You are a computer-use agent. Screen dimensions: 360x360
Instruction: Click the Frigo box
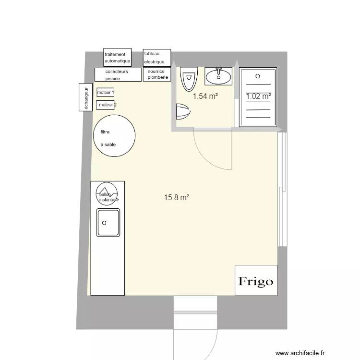coord(256,280)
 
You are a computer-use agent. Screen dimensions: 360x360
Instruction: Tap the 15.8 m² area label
coord(177,197)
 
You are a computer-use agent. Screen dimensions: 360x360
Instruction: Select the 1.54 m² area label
coord(205,96)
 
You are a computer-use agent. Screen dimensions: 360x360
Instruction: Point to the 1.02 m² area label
coord(258,96)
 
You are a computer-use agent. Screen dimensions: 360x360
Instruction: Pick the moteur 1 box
coord(106,92)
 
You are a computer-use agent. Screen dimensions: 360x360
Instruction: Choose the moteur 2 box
coord(106,105)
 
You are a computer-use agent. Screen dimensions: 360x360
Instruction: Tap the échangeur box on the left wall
coord(85,97)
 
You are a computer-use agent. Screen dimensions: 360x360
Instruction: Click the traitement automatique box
coord(117,58)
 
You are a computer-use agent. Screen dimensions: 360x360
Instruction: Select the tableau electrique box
coord(157,58)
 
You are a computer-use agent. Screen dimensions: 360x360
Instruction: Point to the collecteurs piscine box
coord(118,74)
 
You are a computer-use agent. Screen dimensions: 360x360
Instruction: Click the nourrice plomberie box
coord(157,74)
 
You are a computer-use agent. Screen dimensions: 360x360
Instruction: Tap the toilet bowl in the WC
coord(189,79)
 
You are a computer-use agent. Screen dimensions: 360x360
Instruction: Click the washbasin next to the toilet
coord(218,76)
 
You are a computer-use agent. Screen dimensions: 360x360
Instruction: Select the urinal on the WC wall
coord(183,111)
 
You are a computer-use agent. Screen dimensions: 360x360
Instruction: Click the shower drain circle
coord(258,76)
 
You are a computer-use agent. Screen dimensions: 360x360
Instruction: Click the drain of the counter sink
coord(104,223)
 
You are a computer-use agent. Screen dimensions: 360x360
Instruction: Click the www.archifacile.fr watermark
coord(300,353)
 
